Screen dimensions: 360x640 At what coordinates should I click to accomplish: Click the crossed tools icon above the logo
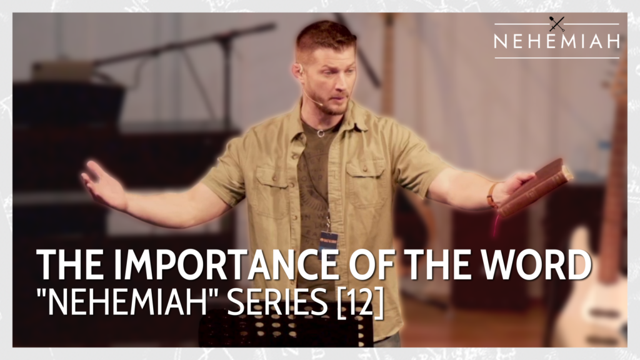556,24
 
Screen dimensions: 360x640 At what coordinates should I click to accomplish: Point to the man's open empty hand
100,181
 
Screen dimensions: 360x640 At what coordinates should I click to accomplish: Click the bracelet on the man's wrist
492,194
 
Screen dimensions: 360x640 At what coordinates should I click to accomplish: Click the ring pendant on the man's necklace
321,132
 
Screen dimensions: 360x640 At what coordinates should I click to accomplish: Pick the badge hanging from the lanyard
328,241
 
